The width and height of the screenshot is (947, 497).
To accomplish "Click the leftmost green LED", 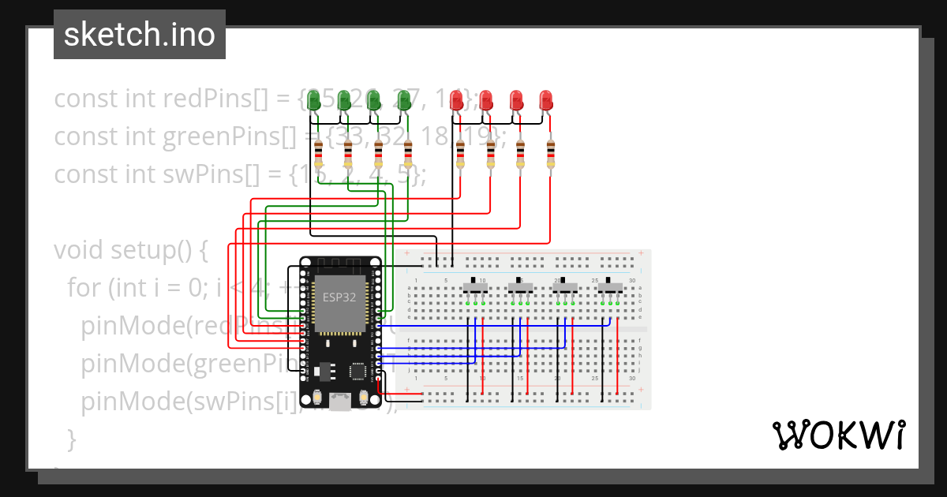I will pos(313,100).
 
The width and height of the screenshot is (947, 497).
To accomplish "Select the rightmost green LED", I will pos(404,100).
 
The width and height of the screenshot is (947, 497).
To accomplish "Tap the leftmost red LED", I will pos(456,100).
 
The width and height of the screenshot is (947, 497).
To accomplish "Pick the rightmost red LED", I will pos(546,100).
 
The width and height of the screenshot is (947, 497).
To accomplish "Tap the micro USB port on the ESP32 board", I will pos(340,402).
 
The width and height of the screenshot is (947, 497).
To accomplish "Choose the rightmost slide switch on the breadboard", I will pos(610,286).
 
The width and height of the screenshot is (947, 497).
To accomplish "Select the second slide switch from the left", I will pos(520,286).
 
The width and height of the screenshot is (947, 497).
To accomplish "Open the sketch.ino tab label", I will pos(140,35).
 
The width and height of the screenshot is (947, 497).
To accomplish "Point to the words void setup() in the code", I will pos(130,250).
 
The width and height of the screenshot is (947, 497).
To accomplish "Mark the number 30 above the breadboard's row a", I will pos(631,280).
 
